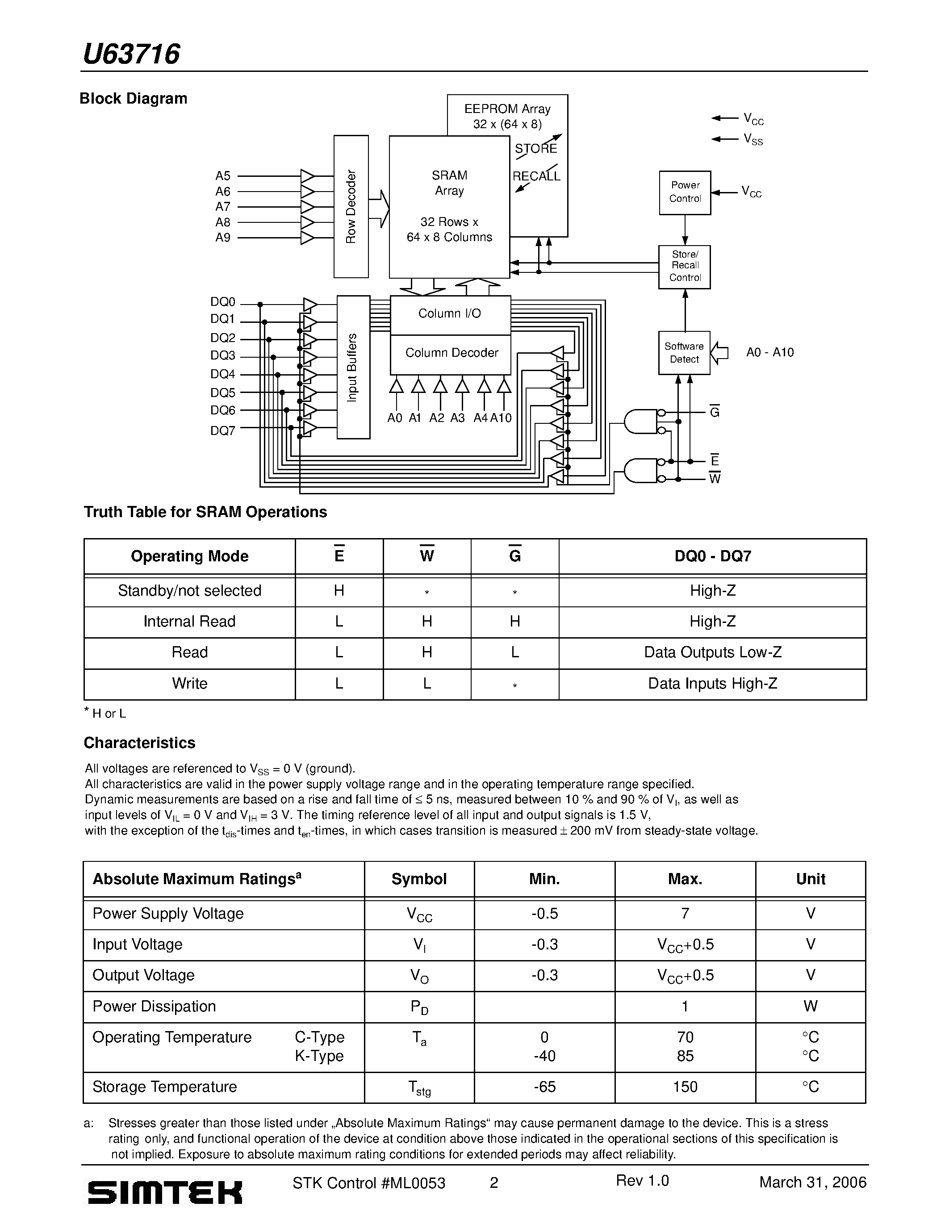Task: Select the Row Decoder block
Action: point(351,206)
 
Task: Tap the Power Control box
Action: point(685,192)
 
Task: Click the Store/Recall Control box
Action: point(684,267)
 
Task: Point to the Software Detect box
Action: point(684,352)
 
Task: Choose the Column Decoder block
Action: point(451,353)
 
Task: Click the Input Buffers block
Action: point(353,367)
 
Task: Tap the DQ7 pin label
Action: point(223,431)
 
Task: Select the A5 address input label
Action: point(223,176)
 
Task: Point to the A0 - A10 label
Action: point(769,352)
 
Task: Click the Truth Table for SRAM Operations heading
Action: point(205,512)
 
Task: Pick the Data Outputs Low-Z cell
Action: point(712,652)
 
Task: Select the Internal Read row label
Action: point(189,621)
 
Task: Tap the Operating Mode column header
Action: point(189,556)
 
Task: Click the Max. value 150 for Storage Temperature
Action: point(685,1087)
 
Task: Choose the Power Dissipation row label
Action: point(154,1007)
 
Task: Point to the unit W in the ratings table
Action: point(810,1007)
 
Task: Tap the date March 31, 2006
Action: point(812,1182)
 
